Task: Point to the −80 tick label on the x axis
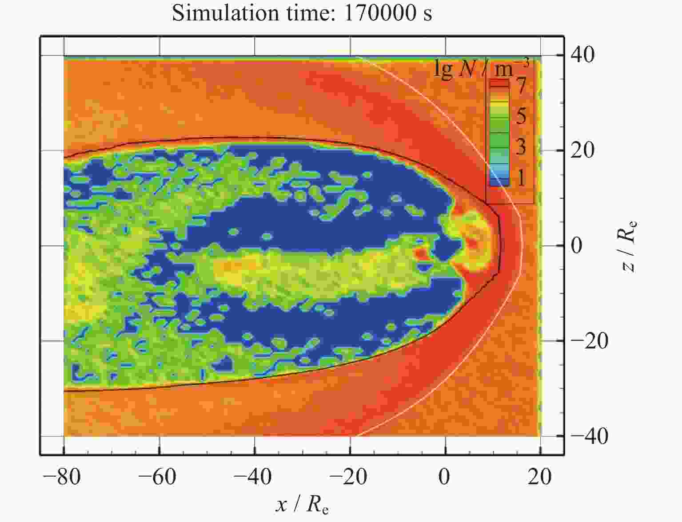[62, 477]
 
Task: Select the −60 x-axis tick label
[157, 477]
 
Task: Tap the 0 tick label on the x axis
[444, 477]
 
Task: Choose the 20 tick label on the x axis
[540, 477]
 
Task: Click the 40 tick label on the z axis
[582, 55]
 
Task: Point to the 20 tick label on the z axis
[582, 150]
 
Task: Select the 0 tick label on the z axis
[577, 245]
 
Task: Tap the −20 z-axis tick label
[589, 341]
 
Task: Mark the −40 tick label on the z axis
[589, 436]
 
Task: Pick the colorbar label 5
[521, 116]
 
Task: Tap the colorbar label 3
[521, 146]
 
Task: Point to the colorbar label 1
[521, 178]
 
